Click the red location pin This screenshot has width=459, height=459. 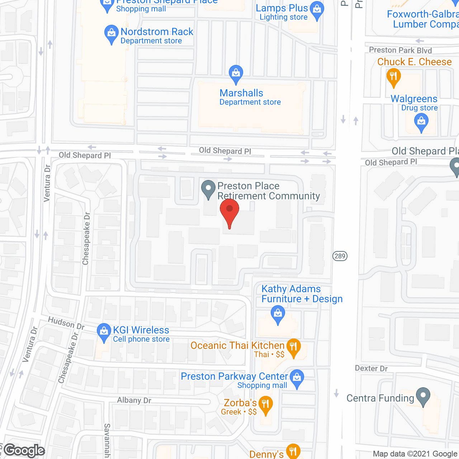coord(229,212)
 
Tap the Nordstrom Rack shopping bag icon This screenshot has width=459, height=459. coord(111,34)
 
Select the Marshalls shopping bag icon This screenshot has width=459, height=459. coord(236,74)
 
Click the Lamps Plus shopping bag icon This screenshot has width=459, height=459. coord(317,10)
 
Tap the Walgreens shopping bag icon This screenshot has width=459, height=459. coord(421,122)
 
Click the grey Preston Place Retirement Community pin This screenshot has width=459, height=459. coord(208,189)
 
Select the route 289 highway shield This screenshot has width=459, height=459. coord(340,256)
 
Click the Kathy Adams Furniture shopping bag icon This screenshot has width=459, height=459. coord(278,314)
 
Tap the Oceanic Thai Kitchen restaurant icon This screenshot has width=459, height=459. coord(294,347)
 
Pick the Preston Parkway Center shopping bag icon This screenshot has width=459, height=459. coord(297,378)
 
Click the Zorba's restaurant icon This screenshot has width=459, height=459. coord(265,405)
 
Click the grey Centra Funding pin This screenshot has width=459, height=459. coord(423,396)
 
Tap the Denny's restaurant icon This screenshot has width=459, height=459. coord(293,451)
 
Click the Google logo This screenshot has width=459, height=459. coord(24,450)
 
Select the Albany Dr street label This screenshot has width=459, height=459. coord(134,400)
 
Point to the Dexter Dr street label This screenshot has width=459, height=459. coord(371,368)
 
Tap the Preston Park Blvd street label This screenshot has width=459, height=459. coord(400,50)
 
